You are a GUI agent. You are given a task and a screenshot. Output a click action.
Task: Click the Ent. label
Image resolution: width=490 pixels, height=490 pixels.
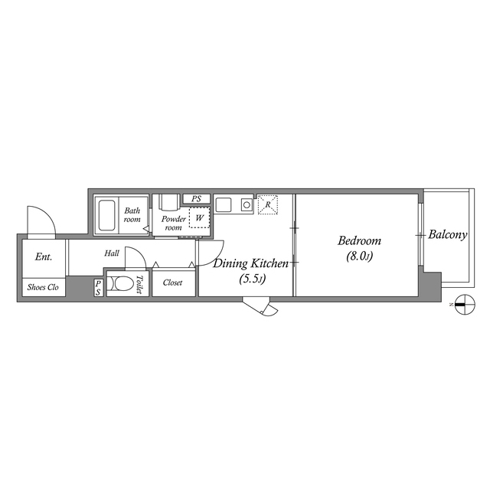[43, 257]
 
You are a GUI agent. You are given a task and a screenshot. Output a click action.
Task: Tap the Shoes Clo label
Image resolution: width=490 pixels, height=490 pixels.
[43, 288]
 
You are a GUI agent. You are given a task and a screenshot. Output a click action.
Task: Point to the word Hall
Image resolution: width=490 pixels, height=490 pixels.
[112, 252]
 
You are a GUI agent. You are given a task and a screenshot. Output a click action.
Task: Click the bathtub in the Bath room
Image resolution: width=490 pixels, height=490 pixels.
[107, 216]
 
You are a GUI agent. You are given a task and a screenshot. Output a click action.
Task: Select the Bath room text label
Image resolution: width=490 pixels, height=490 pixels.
[133, 215]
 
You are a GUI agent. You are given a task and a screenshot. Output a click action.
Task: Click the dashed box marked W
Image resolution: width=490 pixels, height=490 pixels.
[199, 218]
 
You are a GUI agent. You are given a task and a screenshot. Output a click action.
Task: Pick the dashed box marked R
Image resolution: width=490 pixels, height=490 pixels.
[268, 204]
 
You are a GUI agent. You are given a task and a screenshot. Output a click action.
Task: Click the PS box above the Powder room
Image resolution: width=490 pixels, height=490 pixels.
[197, 199]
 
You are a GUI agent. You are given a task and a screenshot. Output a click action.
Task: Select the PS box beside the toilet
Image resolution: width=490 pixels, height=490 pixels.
[99, 288]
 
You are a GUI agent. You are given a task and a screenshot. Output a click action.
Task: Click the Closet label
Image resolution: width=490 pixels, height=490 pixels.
[172, 283]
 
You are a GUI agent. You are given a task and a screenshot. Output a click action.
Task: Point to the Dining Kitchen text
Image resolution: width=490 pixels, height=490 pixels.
[250, 264]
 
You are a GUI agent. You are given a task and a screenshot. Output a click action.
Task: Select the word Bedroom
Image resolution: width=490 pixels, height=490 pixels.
[359, 240]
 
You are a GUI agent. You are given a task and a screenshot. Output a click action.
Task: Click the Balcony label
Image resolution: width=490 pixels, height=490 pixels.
[447, 235]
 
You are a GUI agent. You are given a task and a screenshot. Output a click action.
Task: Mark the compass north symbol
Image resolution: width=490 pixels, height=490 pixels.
[462, 304]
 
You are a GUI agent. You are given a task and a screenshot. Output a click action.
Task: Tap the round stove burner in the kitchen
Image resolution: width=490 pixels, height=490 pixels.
[247, 204]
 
